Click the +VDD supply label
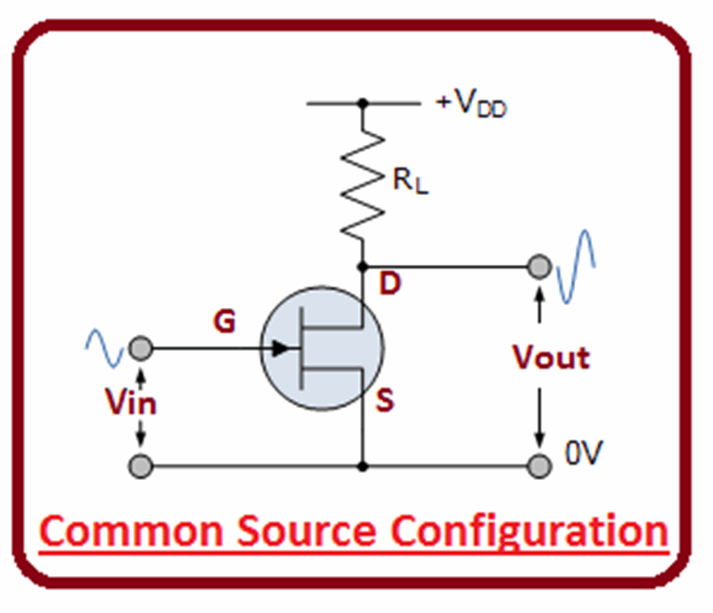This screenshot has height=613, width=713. (471, 105)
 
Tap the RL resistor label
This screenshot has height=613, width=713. (410, 182)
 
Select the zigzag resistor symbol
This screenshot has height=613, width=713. (362, 185)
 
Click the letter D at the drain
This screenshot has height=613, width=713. (391, 284)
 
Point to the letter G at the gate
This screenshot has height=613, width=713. (224, 323)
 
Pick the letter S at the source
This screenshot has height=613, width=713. (384, 401)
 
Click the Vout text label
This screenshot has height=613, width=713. (551, 357)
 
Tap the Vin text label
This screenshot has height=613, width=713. (131, 403)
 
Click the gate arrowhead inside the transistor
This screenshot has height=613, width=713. (279, 348)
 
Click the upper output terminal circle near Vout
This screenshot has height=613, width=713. (539, 267)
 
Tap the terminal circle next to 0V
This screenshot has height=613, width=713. (539, 466)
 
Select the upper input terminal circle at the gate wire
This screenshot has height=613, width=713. (141, 348)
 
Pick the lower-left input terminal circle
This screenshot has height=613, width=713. (141, 466)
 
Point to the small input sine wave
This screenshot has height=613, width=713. (104, 348)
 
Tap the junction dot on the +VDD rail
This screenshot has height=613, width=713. (362, 104)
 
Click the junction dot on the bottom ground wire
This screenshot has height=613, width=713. (362, 466)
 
